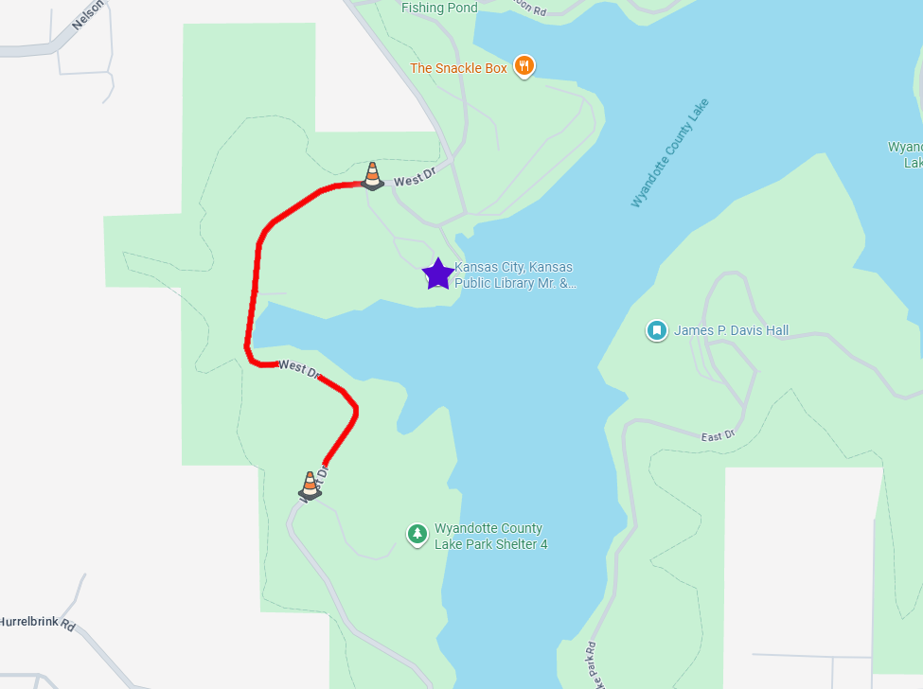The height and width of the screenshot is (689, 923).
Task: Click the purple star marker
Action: click(437, 274)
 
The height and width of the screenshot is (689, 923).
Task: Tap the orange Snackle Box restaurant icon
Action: click(524, 66)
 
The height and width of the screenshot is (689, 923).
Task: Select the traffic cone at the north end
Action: click(372, 175)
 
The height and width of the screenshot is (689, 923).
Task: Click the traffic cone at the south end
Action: click(310, 485)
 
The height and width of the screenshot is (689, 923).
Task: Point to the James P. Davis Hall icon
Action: click(656, 330)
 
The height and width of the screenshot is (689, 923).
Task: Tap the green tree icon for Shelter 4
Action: click(417, 535)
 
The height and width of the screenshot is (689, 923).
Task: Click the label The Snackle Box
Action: click(458, 68)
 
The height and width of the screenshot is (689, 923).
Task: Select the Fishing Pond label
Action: click(439, 8)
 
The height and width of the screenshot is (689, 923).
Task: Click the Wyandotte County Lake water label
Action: click(669, 152)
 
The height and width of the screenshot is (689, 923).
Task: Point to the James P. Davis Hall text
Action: click(731, 331)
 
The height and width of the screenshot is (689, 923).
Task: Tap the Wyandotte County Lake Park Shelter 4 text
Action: click(490, 537)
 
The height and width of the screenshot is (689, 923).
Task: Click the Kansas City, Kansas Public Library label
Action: click(514, 274)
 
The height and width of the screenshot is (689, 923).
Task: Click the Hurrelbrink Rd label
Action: click(37, 623)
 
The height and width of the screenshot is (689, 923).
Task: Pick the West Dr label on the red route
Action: click(299, 368)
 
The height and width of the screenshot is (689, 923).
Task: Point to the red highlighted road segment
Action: click(254, 284)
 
